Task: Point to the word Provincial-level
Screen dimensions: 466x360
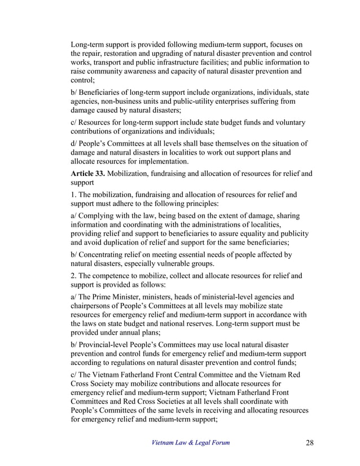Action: (106, 344)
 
